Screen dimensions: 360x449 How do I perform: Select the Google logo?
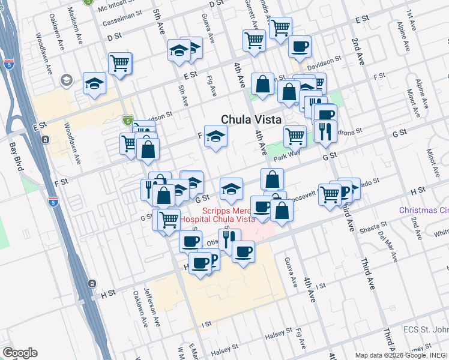click(x=20, y=353)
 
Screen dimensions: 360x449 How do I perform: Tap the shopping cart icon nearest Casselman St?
click(x=120, y=62)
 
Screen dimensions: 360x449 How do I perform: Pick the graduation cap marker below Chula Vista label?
click(x=215, y=136)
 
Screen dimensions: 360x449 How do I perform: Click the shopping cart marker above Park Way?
click(x=295, y=136)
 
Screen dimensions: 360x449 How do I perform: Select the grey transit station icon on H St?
click(x=91, y=284)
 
